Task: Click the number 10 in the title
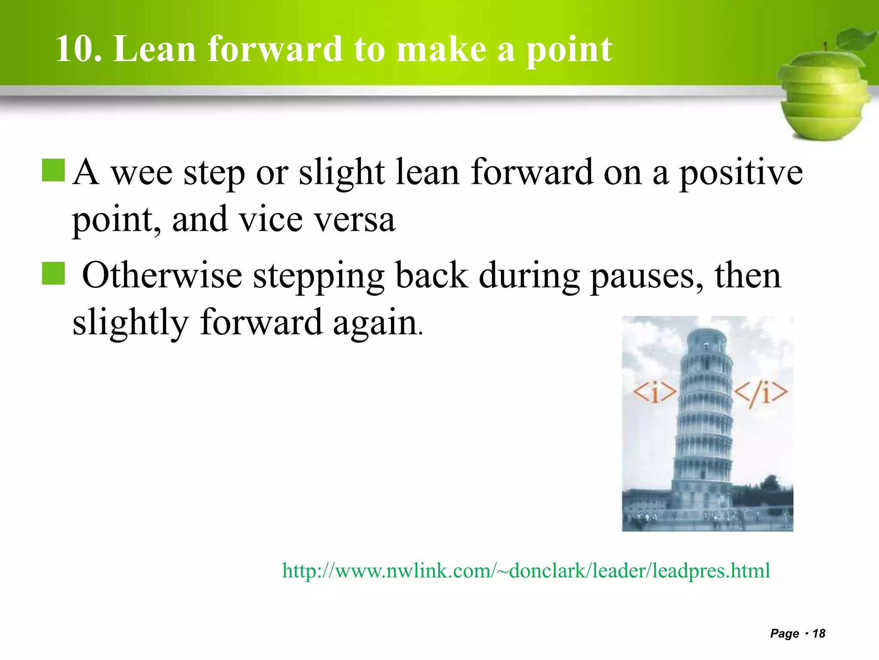click(77, 49)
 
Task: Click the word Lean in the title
click(155, 49)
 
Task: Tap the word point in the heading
click(569, 51)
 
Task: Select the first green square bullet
click(53, 170)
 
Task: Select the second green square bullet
click(53, 274)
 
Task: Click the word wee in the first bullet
click(142, 173)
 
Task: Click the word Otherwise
click(162, 275)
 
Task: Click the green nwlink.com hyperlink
click(526, 571)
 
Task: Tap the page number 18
click(819, 633)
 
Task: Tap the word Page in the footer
click(784, 633)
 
